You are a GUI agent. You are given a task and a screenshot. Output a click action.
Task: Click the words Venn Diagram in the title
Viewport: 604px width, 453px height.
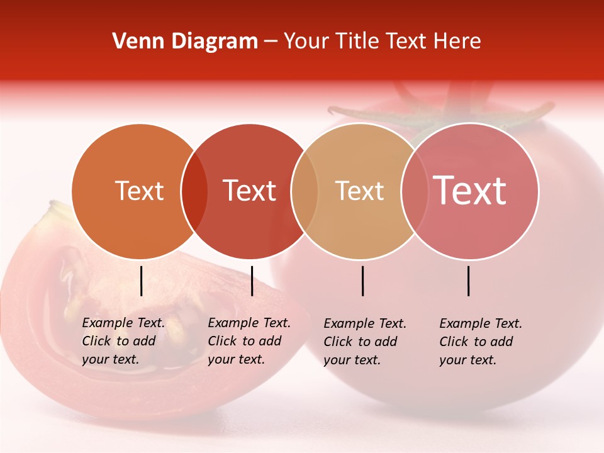185,42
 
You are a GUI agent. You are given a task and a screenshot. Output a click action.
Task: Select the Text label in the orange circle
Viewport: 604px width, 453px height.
139,191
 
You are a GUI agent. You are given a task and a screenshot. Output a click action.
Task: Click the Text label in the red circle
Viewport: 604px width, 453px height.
250,191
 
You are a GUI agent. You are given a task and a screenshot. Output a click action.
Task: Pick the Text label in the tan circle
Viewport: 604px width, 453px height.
359,191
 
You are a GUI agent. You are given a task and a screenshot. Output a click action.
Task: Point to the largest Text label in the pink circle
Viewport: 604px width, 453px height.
470,190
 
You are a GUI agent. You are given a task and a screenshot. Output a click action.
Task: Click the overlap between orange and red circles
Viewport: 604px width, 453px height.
194,191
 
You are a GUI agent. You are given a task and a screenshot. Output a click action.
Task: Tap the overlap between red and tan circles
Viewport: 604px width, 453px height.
305,191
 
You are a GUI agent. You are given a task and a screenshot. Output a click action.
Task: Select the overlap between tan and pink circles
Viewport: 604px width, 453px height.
414,191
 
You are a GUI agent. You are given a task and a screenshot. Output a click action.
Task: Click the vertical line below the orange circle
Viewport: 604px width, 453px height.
141,281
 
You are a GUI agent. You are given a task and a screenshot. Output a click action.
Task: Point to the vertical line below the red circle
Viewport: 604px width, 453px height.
252,281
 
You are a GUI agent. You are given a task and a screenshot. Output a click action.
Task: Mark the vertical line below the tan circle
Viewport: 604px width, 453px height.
362,281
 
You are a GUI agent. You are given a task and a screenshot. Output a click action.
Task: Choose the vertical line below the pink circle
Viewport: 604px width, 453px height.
468,281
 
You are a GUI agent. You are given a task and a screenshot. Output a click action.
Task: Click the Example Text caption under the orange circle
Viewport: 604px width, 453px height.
123,341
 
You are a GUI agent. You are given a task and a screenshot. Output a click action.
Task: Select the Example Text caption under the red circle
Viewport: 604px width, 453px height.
249,341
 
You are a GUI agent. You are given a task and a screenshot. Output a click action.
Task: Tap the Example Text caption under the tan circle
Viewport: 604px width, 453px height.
365,342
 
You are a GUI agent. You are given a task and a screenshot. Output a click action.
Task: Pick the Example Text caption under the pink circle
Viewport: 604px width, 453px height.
481,342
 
